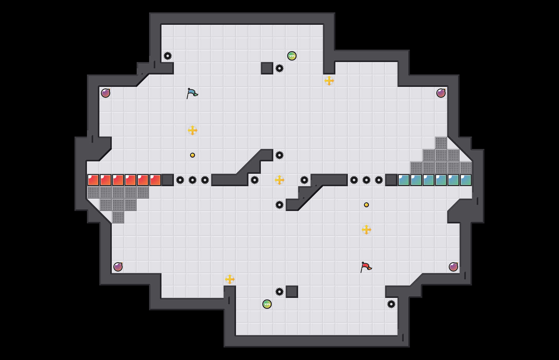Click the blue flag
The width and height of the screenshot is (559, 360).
click(x=192, y=93)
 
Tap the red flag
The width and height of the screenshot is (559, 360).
click(x=366, y=267)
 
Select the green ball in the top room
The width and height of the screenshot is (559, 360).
click(x=292, y=56)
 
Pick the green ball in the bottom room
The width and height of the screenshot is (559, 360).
click(x=267, y=304)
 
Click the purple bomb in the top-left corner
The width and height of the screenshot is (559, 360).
click(x=106, y=93)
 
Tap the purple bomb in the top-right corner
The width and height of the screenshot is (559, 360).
click(x=441, y=93)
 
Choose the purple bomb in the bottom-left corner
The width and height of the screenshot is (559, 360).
click(x=118, y=267)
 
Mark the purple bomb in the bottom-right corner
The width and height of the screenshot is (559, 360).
click(x=453, y=267)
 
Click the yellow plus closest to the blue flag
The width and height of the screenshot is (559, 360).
click(x=193, y=130)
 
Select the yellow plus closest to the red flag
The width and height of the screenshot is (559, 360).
click(x=366, y=230)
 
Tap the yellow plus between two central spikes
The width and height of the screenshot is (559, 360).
click(x=279, y=180)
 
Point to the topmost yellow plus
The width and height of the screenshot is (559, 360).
click(x=329, y=81)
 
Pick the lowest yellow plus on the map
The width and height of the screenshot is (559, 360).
click(x=230, y=279)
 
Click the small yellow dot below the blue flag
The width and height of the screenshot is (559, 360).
click(x=193, y=155)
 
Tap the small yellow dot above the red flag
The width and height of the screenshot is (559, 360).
click(x=366, y=205)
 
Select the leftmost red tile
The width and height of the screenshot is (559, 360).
click(x=93, y=180)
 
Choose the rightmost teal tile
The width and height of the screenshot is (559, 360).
click(x=466, y=180)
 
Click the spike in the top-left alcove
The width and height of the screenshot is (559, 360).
click(x=168, y=56)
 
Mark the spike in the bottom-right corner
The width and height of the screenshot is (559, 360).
click(x=391, y=304)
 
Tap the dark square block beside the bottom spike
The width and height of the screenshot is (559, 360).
click(x=292, y=292)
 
